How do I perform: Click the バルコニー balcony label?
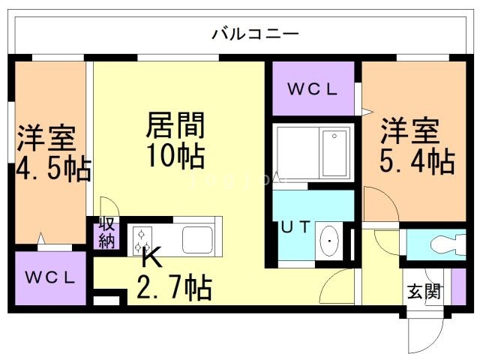(255, 34)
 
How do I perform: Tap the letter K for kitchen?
(151, 259)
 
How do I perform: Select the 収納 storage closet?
(106, 233)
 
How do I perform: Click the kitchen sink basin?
(198, 238)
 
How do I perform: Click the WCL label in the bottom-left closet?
(51, 278)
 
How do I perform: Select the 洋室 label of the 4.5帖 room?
(46, 139)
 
